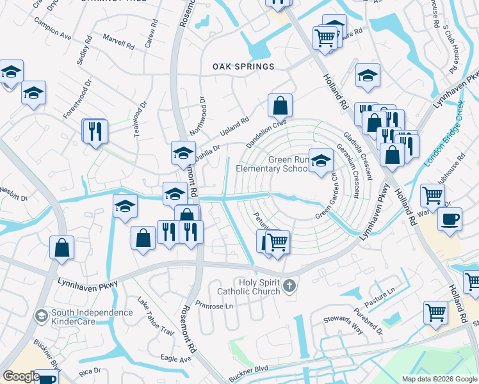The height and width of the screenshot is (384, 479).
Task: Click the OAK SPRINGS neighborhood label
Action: [243, 67]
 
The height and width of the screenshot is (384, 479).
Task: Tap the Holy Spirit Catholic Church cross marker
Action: [289, 285]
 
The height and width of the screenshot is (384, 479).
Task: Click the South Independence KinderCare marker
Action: [40, 316]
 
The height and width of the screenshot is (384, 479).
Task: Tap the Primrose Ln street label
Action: [215, 305]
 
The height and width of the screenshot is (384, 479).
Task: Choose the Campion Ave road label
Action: [56, 37]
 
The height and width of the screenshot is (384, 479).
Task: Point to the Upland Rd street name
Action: [234, 126]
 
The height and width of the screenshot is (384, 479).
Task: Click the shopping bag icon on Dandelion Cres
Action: [280, 105]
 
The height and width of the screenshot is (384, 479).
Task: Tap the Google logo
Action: [21, 376]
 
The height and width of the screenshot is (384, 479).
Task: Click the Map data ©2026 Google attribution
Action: [439, 379]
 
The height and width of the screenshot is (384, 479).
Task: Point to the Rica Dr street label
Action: [90, 371]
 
